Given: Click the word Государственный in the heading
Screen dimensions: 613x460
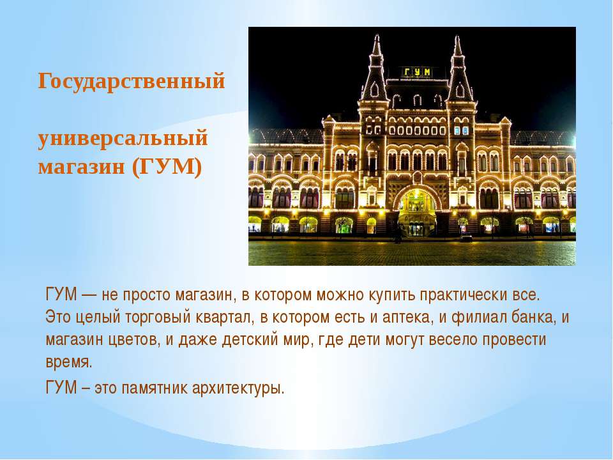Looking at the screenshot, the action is [132, 82].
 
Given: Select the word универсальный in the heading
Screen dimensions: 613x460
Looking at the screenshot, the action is [123, 139].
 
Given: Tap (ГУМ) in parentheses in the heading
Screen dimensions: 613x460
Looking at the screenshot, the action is [167, 167].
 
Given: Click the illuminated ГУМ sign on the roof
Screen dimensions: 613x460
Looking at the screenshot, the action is [417, 72].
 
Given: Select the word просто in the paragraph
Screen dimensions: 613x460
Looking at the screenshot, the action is [147, 295].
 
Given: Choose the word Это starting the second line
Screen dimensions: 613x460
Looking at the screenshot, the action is [58, 317].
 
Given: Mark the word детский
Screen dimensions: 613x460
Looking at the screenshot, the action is [250, 339].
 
